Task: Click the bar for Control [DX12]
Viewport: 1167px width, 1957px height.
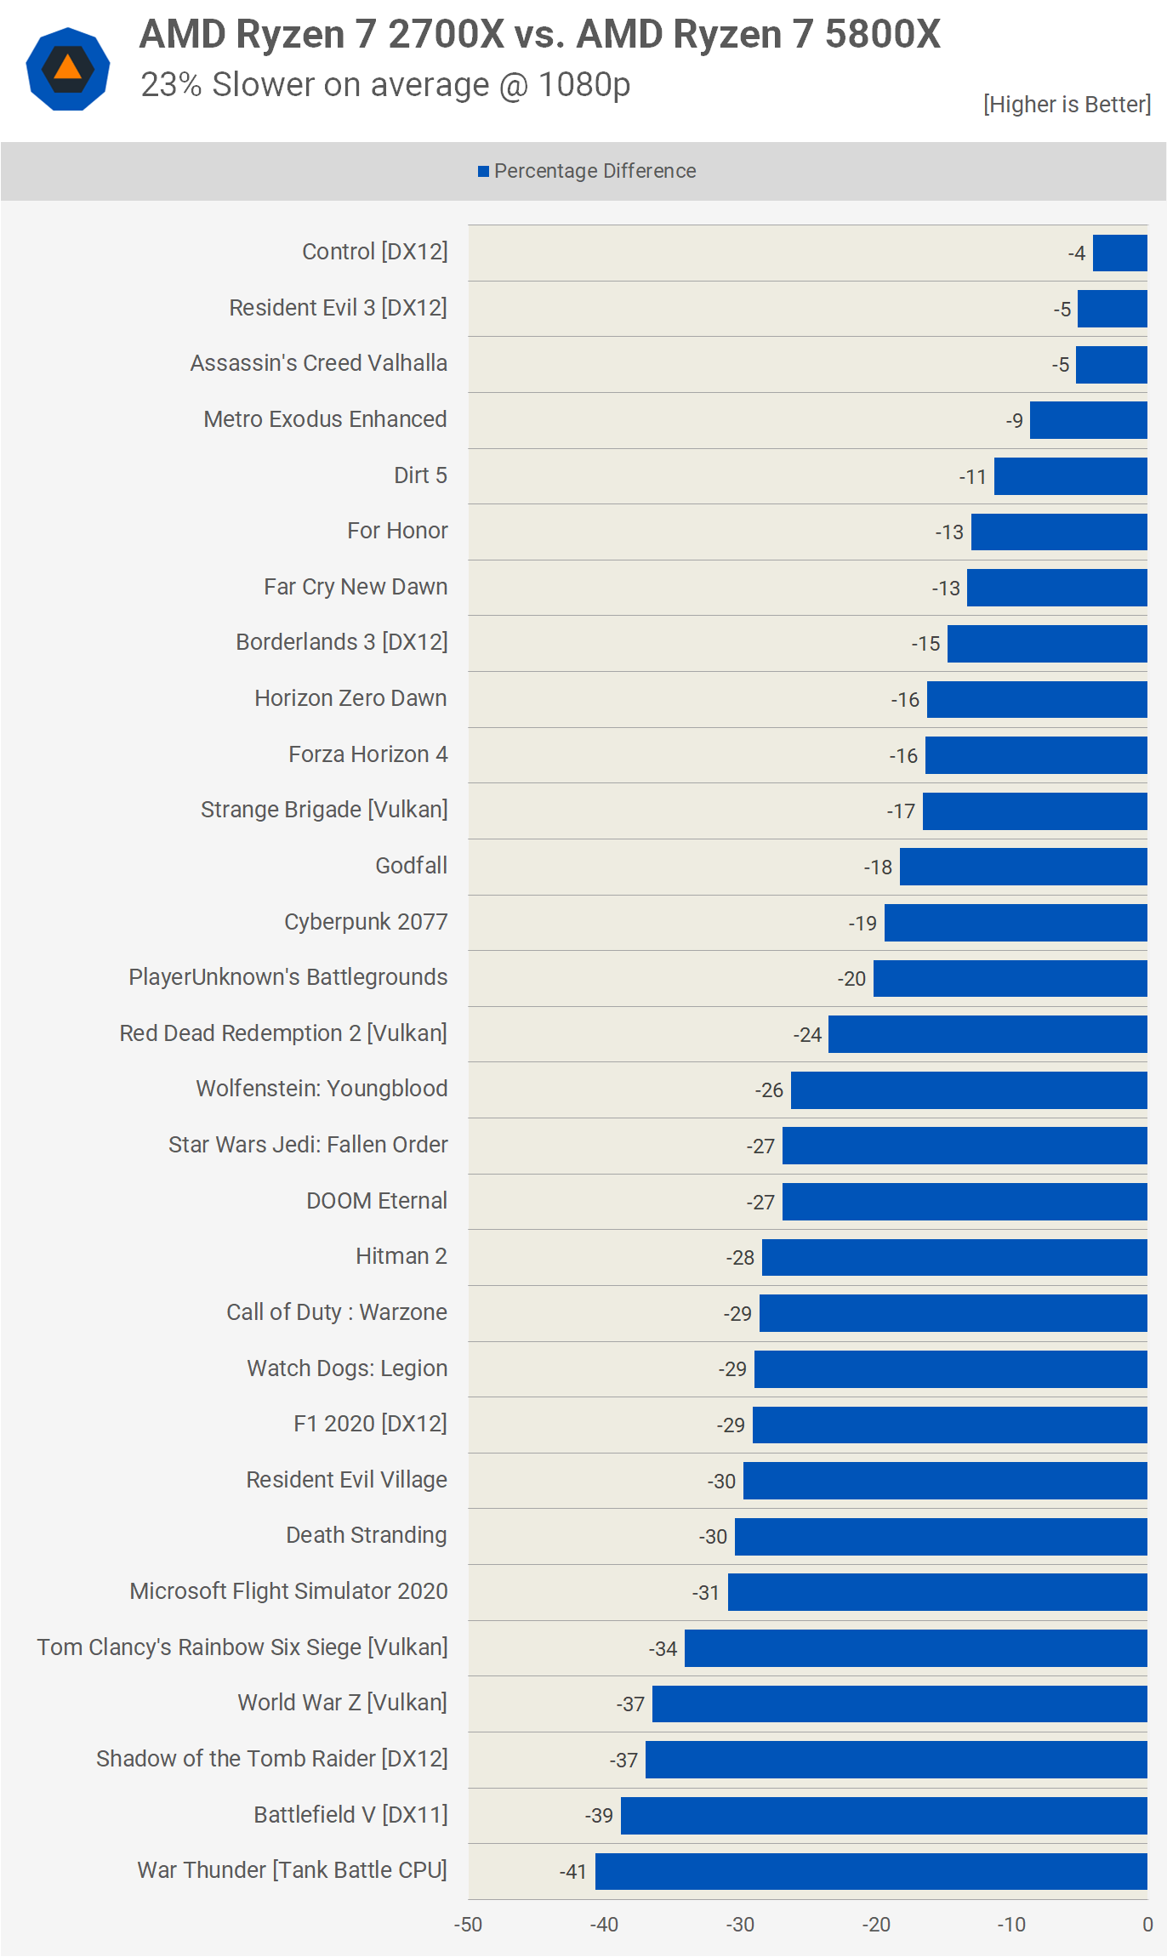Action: [1119, 253]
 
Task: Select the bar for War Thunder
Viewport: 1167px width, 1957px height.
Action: [871, 1871]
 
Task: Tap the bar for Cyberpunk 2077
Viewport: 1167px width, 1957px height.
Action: [1016, 923]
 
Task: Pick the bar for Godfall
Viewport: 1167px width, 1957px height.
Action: [1023, 867]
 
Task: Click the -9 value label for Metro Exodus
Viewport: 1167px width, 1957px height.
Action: [1014, 421]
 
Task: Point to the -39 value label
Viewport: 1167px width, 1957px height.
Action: [599, 1816]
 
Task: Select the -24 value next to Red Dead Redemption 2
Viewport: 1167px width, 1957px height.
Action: [807, 1035]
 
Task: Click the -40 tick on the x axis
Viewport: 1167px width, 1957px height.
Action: [604, 1925]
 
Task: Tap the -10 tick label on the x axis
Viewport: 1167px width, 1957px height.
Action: [1011, 1925]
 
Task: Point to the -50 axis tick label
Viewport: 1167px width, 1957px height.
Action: [468, 1925]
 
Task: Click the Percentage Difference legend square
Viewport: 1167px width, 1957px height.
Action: [483, 172]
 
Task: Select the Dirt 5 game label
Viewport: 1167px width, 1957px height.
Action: [420, 475]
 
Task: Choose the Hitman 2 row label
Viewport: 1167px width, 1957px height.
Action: [401, 1256]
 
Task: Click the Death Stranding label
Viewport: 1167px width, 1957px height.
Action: [366, 1535]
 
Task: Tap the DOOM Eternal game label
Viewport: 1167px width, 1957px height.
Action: [376, 1201]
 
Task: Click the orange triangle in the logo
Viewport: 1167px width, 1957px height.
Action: [68, 67]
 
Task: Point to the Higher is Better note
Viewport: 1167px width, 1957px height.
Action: [1067, 105]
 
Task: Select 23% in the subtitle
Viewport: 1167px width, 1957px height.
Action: [171, 85]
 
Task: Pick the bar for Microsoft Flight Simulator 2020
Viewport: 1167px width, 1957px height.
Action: [937, 1592]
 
